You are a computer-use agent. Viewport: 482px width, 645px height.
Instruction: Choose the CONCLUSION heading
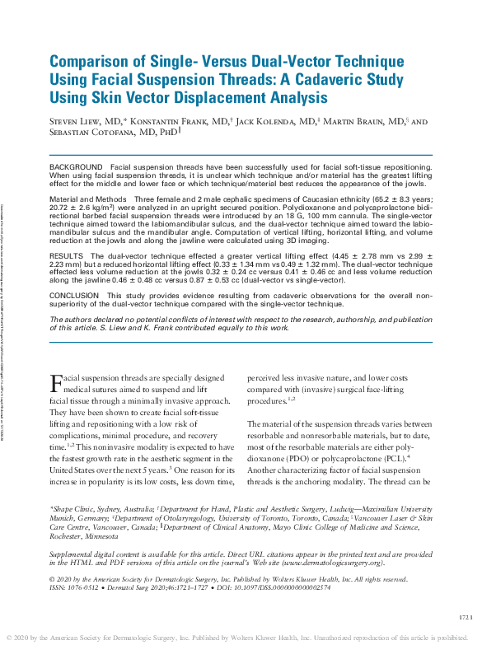pyautogui.click(x=75, y=294)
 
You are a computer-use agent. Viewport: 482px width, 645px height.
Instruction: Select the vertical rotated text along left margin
pyautogui.click(x=5, y=321)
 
